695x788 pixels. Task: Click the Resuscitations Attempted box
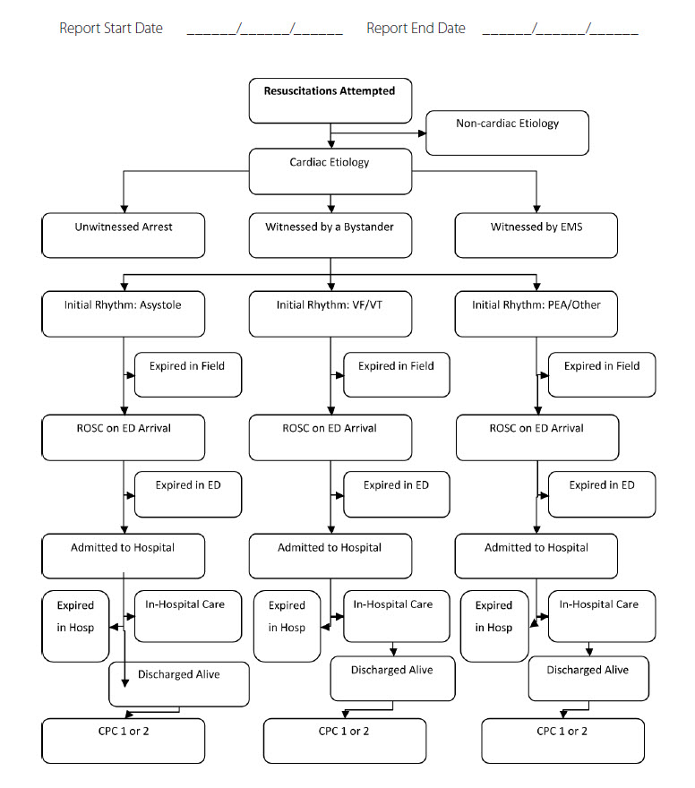click(x=330, y=100)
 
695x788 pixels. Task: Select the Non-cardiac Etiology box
click(x=507, y=133)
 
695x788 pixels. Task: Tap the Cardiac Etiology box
click(x=330, y=171)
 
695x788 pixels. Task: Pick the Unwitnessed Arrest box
click(x=123, y=236)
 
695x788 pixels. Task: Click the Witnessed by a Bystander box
click(x=330, y=236)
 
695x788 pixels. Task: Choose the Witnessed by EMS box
click(x=536, y=236)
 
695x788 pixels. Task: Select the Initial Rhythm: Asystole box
click(x=123, y=313)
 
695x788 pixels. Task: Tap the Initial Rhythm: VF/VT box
click(x=330, y=313)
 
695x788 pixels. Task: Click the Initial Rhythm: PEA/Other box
click(x=536, y=313)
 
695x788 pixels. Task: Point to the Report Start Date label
click(x=111, y=28)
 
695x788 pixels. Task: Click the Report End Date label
click(x=416, y=28)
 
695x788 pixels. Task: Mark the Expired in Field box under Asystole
click(x=188, y=374)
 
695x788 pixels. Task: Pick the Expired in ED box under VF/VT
click(x=397, y=494)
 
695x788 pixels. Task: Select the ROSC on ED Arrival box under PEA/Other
click(x=537, y=437)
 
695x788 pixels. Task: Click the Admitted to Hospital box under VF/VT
click(x=330, y=556)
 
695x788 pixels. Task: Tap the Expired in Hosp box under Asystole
click(x=75, y=626)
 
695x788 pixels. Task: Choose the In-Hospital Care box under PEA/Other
click(x=602, y=616)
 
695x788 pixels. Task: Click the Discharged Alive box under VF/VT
click(x=392, y=679)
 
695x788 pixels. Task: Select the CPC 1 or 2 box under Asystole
click(x=123, y=741)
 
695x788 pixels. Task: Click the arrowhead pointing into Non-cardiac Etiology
click(x=422, y=133)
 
